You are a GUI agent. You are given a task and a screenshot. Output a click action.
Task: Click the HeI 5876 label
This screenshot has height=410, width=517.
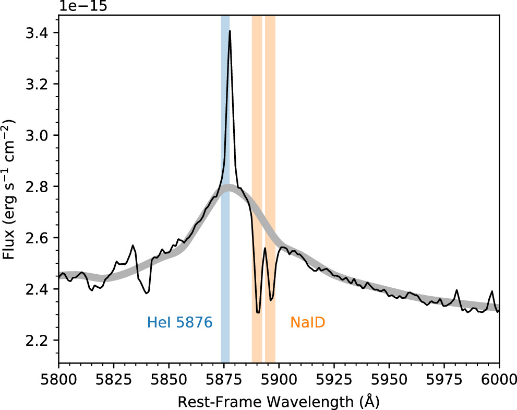tap(179, 323)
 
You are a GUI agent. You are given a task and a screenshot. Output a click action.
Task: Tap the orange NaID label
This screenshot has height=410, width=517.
tap(308, 323)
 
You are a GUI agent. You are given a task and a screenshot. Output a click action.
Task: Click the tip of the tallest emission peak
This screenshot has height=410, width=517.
tap(230, 31)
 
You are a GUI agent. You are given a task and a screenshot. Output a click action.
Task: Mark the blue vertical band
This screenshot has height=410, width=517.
tap(225, 209)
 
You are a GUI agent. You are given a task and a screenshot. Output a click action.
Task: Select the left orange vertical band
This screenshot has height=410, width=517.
tap(257, 209)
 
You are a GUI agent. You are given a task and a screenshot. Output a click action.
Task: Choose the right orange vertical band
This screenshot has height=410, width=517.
tap(270, 209)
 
